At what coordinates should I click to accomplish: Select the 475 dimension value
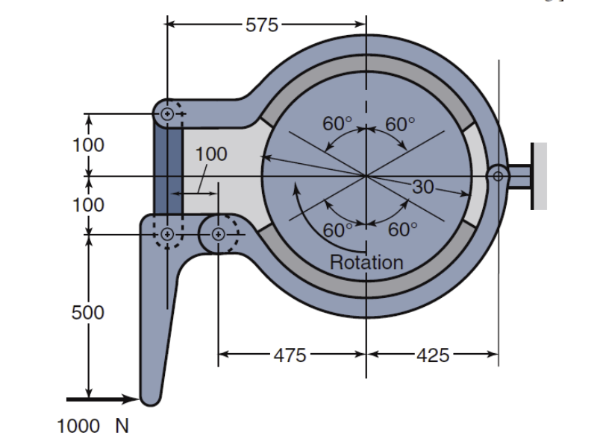tap(290, 355)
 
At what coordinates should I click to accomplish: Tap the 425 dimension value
tap(433, 355)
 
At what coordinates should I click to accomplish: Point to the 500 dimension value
tap(88, 312)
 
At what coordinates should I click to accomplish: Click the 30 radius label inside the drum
tap(422, 187)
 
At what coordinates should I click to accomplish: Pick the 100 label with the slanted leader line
tap(210, 154)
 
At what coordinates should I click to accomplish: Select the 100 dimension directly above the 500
tap(88, 204)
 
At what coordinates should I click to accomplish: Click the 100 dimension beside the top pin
tap(88, 145)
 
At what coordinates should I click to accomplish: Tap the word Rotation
tap(366, 262)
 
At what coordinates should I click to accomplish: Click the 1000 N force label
tap(93, 425)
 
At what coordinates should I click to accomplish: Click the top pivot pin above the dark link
tap(167, 114)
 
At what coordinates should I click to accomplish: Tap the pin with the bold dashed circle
tap(218, 234)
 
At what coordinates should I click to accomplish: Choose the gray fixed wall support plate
tap(540, 176)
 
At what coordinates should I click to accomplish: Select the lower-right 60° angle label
tap(403, 229)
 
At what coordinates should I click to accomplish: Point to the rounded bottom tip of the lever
tap(151, 398)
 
